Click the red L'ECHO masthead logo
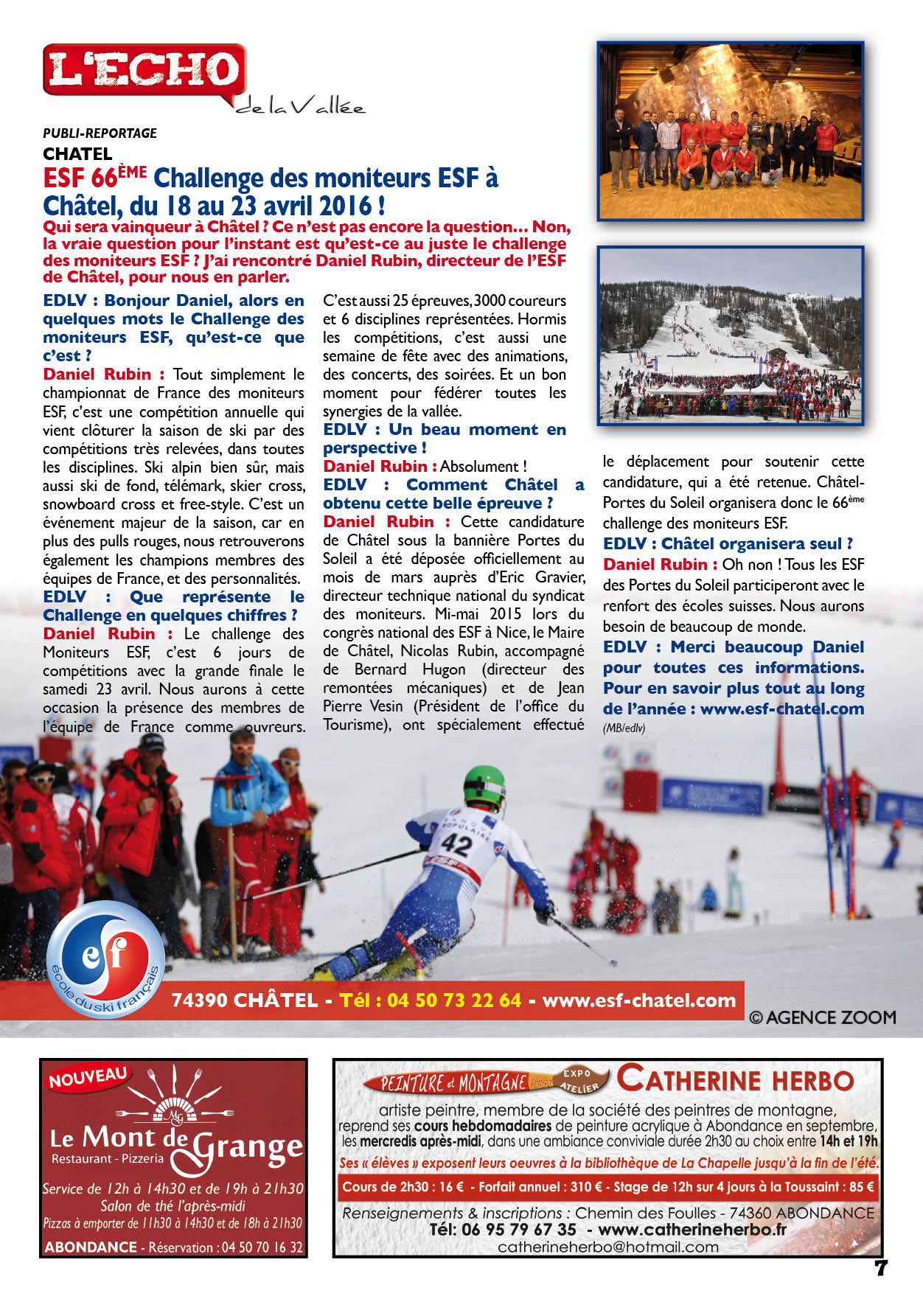[144, 70]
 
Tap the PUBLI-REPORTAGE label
[100, 133]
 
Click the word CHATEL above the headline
[77, 154]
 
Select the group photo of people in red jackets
[730, 131]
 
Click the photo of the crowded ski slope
[730, 335]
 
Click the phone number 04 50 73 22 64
[454, 1000]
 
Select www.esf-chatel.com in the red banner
[638, 1000]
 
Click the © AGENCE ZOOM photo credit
[822, 1018]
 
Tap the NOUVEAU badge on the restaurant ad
[88, 1078]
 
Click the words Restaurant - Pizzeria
[108, 1158]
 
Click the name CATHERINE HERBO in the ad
[735, 1080]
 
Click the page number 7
[880, 1268]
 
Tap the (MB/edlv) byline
[624, 728]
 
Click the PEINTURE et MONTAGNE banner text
[454, 1083]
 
